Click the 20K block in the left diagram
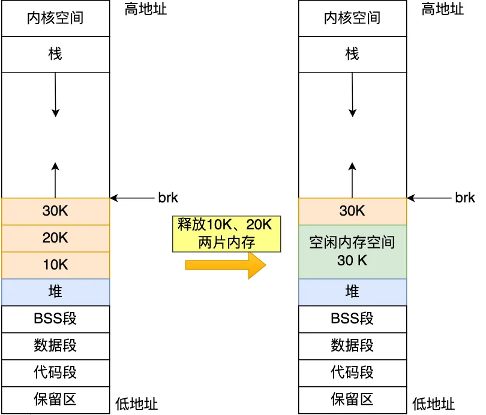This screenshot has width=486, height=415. tap(55, 238)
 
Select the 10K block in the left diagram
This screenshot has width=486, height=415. tap(55, 265)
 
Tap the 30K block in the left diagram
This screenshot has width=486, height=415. tap(55, 211)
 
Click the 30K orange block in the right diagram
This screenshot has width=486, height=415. tap(352, 211)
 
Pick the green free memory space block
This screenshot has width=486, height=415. tap(352, 252)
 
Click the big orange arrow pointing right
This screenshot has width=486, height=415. tap(226, 265)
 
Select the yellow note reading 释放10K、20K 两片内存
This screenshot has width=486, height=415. tap(226, 233)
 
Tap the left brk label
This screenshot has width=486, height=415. tap(168, 198)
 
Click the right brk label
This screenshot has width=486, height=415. tap(465, 198)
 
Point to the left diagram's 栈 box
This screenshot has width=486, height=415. tap(55, 54)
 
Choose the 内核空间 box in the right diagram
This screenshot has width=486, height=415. tap(352, 18)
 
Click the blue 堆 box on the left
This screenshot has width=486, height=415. tap(55, 292)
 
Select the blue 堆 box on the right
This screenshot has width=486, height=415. tap(352, 292)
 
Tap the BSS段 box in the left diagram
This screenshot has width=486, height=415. tap(55, 319)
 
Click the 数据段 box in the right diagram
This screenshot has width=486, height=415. tap(352, 346)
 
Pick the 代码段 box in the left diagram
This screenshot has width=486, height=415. tap(55, 372)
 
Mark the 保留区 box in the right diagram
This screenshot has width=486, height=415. tap(352, 399)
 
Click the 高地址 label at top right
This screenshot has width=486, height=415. tap(443, 9)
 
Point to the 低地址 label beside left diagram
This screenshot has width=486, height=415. tap(136, 404)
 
